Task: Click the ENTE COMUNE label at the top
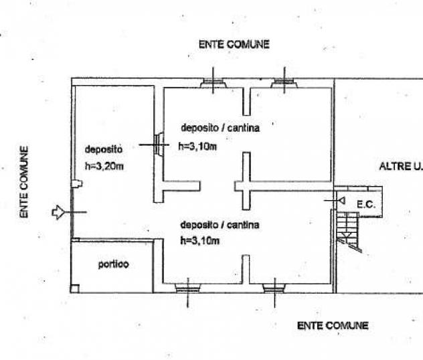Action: (x=234, y=44)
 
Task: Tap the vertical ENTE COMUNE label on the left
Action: (x=24, y=182)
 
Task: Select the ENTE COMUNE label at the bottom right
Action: (x=333, y=326)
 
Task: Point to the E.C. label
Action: (x=365, y=205)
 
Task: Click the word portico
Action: (x=113, y=264)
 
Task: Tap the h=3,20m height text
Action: (x=104, y=166)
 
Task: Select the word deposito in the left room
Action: (x=102, y=150)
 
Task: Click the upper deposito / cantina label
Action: (x=220, y=127)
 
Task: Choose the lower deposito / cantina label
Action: (x=220, y=226)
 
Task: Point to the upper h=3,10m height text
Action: (x=197, y=146)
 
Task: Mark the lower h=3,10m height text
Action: (x=200, y=241)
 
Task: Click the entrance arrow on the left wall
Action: (x=58, y=212)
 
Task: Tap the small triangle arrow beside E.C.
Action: (x=341, y=200)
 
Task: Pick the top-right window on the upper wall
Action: (x=284, y=84)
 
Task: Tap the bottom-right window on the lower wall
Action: (x=274, y=288)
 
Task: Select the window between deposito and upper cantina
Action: (x=159, y=144)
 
